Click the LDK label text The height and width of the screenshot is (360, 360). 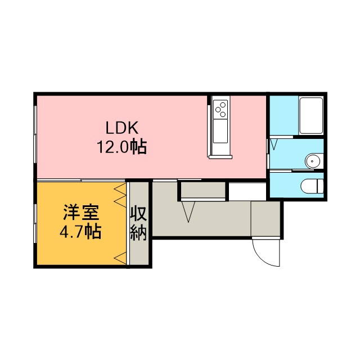click(122, 128)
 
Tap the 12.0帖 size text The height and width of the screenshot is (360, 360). click(122, 147)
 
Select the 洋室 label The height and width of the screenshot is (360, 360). click(81, 213)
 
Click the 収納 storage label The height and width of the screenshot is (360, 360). click(139, 223)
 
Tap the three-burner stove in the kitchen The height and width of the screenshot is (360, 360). click(220, 109)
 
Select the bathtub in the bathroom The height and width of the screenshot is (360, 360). click(311, 116)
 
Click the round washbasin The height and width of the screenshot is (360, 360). click(312, 161)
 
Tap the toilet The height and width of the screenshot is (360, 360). click(312, 186)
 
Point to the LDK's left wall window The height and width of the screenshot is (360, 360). click(35, 134)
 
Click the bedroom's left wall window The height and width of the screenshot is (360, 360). click(35, 223)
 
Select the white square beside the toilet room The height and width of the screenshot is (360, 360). click(247, 191)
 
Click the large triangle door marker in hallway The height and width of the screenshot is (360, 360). click(188, 211)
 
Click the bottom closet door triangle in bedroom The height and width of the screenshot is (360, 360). click(120, 258)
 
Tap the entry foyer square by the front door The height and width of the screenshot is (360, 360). click(265, 219)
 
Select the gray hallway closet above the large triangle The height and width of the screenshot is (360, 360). click(203, 190)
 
